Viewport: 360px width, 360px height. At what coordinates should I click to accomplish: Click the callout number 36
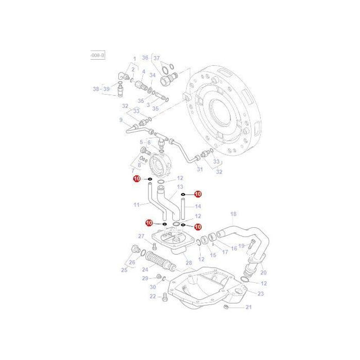(x=145, y=57)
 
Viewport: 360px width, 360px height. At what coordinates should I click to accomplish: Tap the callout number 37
(x=156, y=57)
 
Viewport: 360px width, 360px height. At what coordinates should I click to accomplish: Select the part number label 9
(x=120, y=119)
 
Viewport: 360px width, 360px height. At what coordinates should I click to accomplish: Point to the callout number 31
(x=199, y=169)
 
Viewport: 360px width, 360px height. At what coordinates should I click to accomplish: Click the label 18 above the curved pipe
(x=233, y=214)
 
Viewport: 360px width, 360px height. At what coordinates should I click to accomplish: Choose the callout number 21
(x=248, y=307)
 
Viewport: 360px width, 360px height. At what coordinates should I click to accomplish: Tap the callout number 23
(x=260, y=294)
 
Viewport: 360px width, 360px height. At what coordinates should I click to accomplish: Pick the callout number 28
(x=188, y=263)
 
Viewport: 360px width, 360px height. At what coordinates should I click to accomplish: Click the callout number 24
(x=145, y=269)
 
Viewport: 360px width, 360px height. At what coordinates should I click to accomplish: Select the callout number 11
(x=136, y=205)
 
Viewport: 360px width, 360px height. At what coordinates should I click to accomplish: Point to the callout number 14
(x=197, y=206)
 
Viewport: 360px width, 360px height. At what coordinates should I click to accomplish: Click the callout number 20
(x=263, y=272)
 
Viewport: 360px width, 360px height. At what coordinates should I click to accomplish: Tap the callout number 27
(x=141, y=236)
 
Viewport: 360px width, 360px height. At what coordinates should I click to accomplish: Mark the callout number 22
(x=152, y=296)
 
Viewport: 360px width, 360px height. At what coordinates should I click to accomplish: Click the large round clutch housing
(x=225, y=107)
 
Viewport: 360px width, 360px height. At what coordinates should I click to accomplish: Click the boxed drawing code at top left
(x=97, y=56)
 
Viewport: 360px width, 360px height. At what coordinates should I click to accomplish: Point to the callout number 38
(x=96, y=88)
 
